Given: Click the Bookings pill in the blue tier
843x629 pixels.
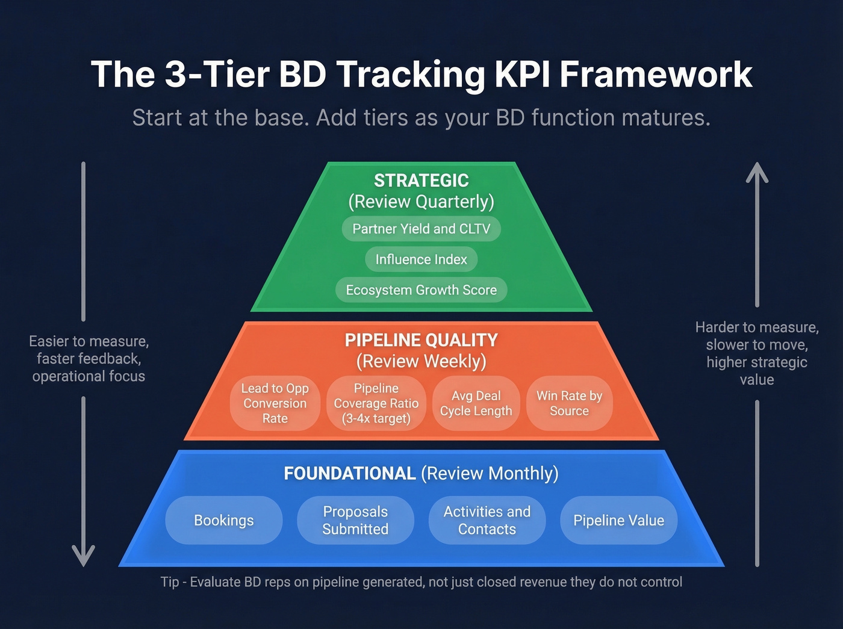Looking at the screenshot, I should pos(224,520).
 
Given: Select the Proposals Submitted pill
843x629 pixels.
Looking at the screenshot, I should pos(355,520).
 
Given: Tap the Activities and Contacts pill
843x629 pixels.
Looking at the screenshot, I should pos(487,520).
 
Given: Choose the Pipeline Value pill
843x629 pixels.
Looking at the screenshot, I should pos(618,520).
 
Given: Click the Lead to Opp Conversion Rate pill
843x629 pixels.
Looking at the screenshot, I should pos(275,403).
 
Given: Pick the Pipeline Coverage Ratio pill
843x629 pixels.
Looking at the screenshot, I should pos(376,403).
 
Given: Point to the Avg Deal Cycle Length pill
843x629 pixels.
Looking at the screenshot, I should pos(476,403).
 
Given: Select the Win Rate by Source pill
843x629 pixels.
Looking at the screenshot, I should pos(569,403).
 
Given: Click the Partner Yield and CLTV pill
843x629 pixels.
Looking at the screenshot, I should pos(421,229).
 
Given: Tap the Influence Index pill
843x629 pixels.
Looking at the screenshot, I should pos(421,259).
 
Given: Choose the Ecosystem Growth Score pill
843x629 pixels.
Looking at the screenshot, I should pos(421,290).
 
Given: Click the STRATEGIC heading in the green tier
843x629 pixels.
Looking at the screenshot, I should pos(421,181).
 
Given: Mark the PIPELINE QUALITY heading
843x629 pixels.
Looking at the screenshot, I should pos(421,340).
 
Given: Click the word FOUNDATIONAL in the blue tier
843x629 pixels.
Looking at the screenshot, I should pos(350,474).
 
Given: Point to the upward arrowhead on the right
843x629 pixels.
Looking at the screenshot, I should pos(757,172).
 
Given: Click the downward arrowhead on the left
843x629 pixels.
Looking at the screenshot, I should pos(84,556).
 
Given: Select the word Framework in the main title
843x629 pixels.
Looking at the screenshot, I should pos(656,75).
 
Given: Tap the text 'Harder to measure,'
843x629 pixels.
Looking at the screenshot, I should pos(757,327).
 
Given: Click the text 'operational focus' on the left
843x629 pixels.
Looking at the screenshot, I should pos(89,376).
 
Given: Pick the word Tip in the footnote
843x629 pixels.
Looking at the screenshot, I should pos(169,582).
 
